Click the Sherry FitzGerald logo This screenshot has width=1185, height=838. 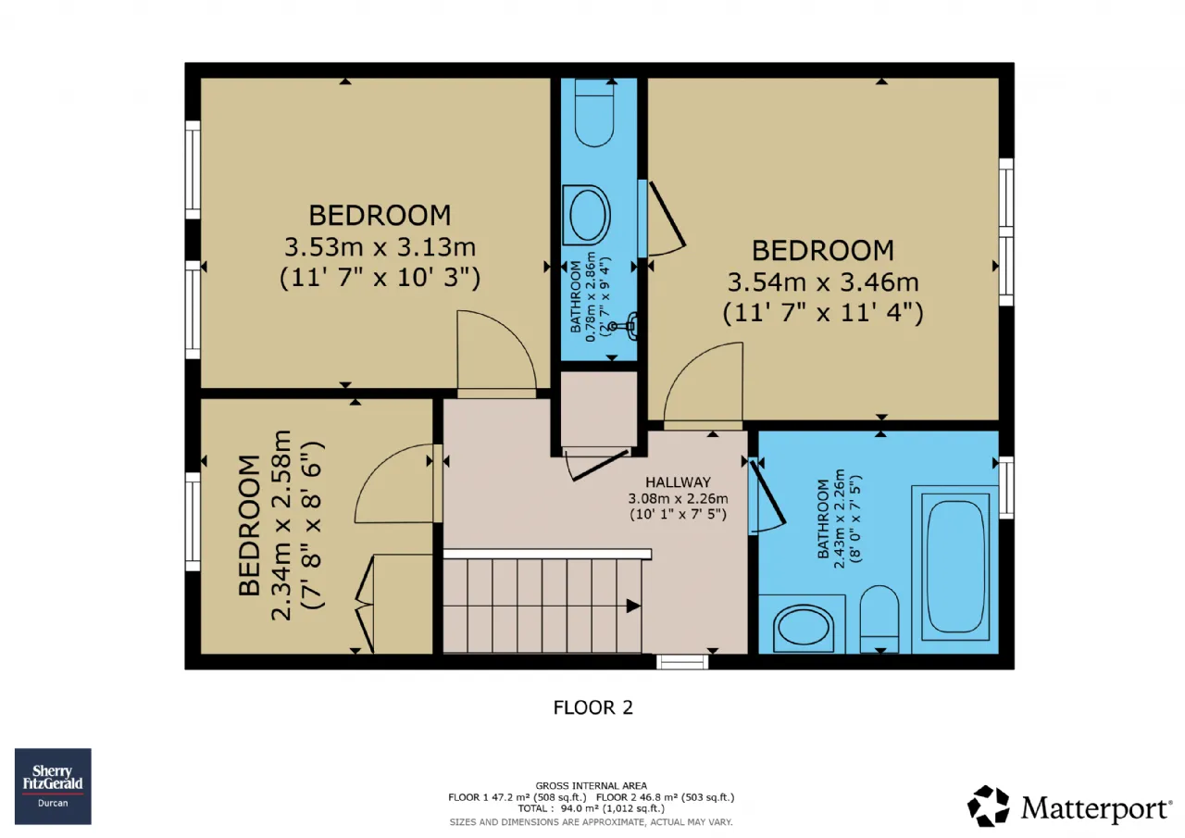(53, 786)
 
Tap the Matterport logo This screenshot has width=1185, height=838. (1069, 807)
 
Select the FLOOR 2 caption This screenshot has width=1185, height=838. (593, 707)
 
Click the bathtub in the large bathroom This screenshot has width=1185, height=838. (954, 567)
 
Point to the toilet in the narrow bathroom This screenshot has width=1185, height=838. (594, 113)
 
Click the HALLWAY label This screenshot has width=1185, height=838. (678, 482)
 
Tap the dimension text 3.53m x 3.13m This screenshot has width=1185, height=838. (380, 247)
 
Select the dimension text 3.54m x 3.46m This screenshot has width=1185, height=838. (823, 282)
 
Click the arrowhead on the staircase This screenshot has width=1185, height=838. (633, 606)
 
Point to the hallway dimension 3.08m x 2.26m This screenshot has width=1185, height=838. (678, 498)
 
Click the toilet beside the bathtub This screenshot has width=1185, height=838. (879, 619)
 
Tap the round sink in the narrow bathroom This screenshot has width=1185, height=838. (586, 216)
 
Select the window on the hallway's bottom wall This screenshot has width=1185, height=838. (682, 662)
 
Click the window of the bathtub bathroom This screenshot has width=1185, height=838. (1006, 488)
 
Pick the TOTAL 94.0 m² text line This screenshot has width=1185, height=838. (591, 808)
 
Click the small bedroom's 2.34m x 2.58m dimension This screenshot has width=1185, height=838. (281, 525)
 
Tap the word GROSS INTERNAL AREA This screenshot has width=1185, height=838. (591, 786)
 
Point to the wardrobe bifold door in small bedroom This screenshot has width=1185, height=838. (365, 604)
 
